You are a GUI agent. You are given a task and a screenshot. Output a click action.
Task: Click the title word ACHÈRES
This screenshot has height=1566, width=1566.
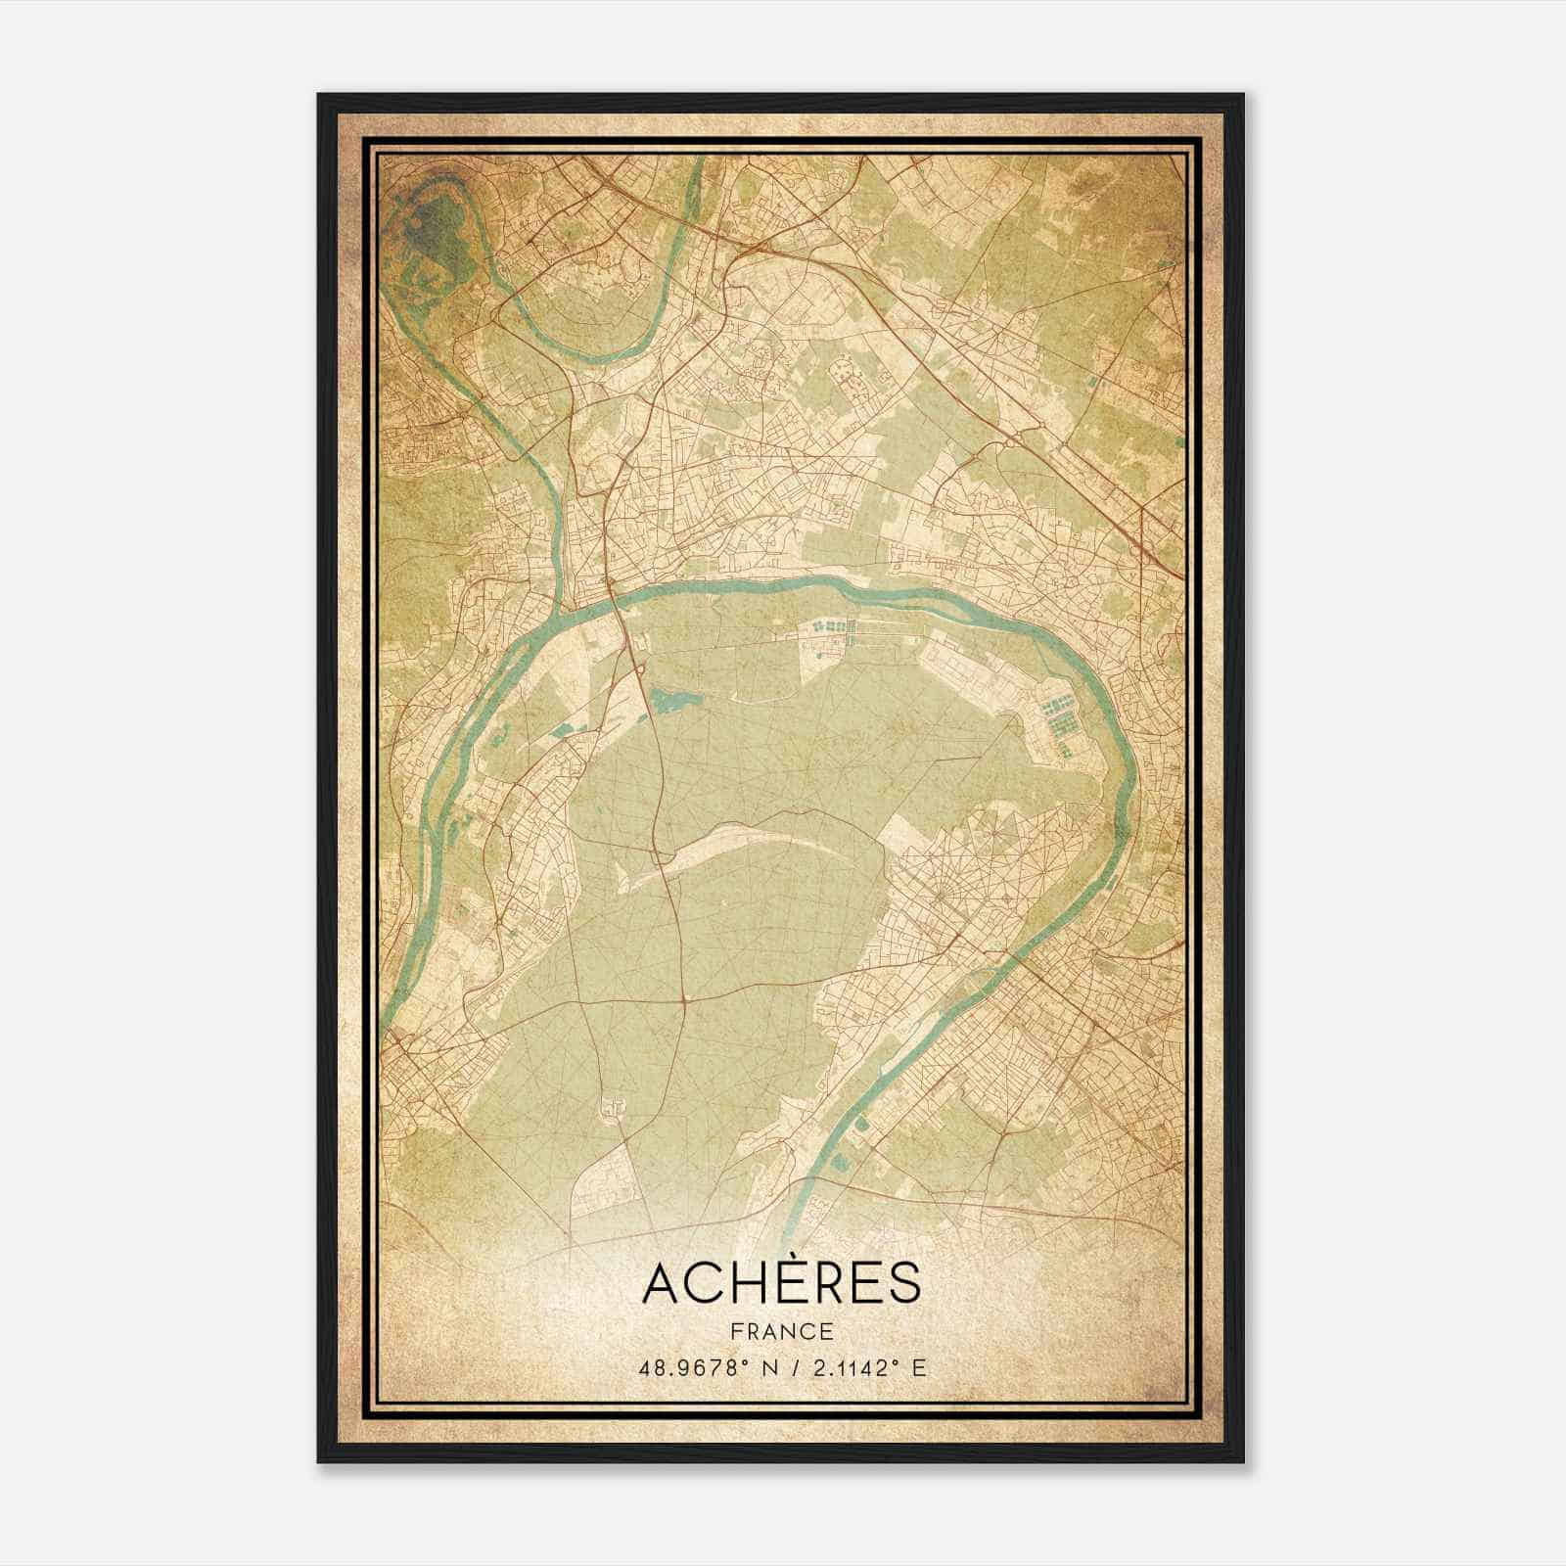pos(781,1283)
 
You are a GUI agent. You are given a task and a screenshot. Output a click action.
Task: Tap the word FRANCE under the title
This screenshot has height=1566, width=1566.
pos(781,1331)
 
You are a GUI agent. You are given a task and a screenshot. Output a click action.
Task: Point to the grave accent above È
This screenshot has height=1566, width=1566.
pos(783,1256)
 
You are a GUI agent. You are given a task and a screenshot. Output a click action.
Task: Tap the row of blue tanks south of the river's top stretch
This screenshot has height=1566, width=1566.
pos(832,624)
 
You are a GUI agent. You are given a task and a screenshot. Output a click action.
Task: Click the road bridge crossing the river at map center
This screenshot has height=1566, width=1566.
pos(614,599)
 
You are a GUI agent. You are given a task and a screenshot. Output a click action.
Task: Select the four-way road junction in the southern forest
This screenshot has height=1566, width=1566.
pos(685,1001)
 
